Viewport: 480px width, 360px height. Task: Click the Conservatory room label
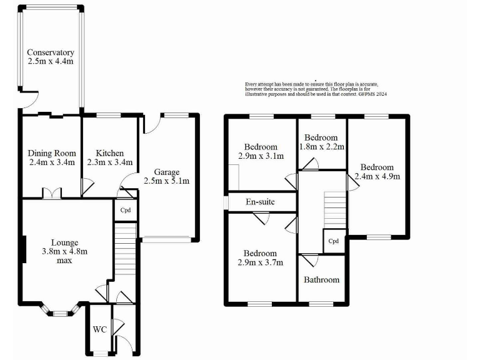(x=51, y=52)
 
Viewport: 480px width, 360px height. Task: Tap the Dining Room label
(x=52, y=153)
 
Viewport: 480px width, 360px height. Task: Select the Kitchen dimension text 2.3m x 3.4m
(x=109, y=162)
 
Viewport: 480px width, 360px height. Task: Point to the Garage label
(x=167, y=172)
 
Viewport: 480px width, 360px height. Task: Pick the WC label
(x=99, y=329)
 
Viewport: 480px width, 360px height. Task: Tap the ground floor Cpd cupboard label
(x=125, y=210)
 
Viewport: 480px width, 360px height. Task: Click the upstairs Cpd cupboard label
(x=333, y=241)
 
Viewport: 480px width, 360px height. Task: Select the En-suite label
(x=261, y=202)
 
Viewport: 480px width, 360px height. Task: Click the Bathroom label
(x=321, y=279)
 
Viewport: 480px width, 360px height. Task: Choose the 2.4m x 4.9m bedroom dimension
(x=377, y=176)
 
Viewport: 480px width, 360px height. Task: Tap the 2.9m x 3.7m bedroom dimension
(x=261, y=262)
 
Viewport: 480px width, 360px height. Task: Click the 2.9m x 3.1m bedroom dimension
(x=261, y=156)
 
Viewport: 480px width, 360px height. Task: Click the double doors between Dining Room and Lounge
(x=52, y=194)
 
